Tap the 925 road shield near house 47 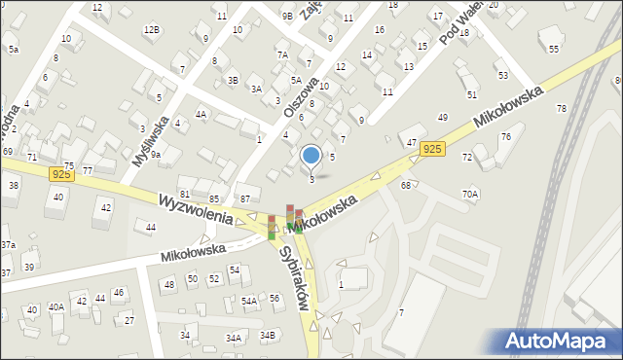(x=433, y=149)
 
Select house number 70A (x=470, y=194)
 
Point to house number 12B (x=151, y=29)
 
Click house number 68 (x=405, y=185)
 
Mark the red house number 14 (x=367, y=54)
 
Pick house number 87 (x=245, y=198)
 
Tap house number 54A (x=249, y=302)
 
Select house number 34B (x=268, y=335)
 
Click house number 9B (x=287, y=16)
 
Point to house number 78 (x=561, y=107)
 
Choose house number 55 (x=554, y=49)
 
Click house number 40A (x=56, y=307)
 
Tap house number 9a (x=155, y=154)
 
